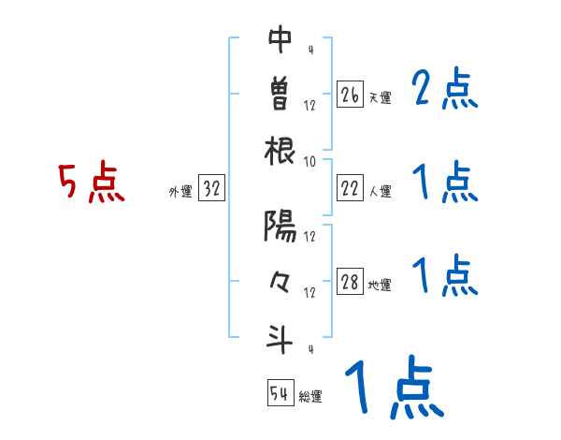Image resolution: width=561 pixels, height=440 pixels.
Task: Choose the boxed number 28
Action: pyautogui.click(x=350, y=282)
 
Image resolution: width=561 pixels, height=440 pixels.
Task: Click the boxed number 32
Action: pyautogui.click(x=211, y=189)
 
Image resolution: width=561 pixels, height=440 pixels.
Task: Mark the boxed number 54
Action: pyautogui.click(x=280, y=393)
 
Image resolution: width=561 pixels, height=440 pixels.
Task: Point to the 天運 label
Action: pyautogui.click(x=380, y=97)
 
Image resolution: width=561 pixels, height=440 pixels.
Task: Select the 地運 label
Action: pyautogui.click(x=380, y=286)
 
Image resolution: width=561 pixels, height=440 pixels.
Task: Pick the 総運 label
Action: pyautogui.click(x=310, y=397)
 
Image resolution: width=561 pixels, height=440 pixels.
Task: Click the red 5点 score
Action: pyautogui.click(x=91, y=183)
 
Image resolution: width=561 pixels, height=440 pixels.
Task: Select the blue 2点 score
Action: pyautogui.click(x=444, y=89)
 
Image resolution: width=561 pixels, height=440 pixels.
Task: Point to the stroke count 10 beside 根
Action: pyautogui.click(x=309, y=161)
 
